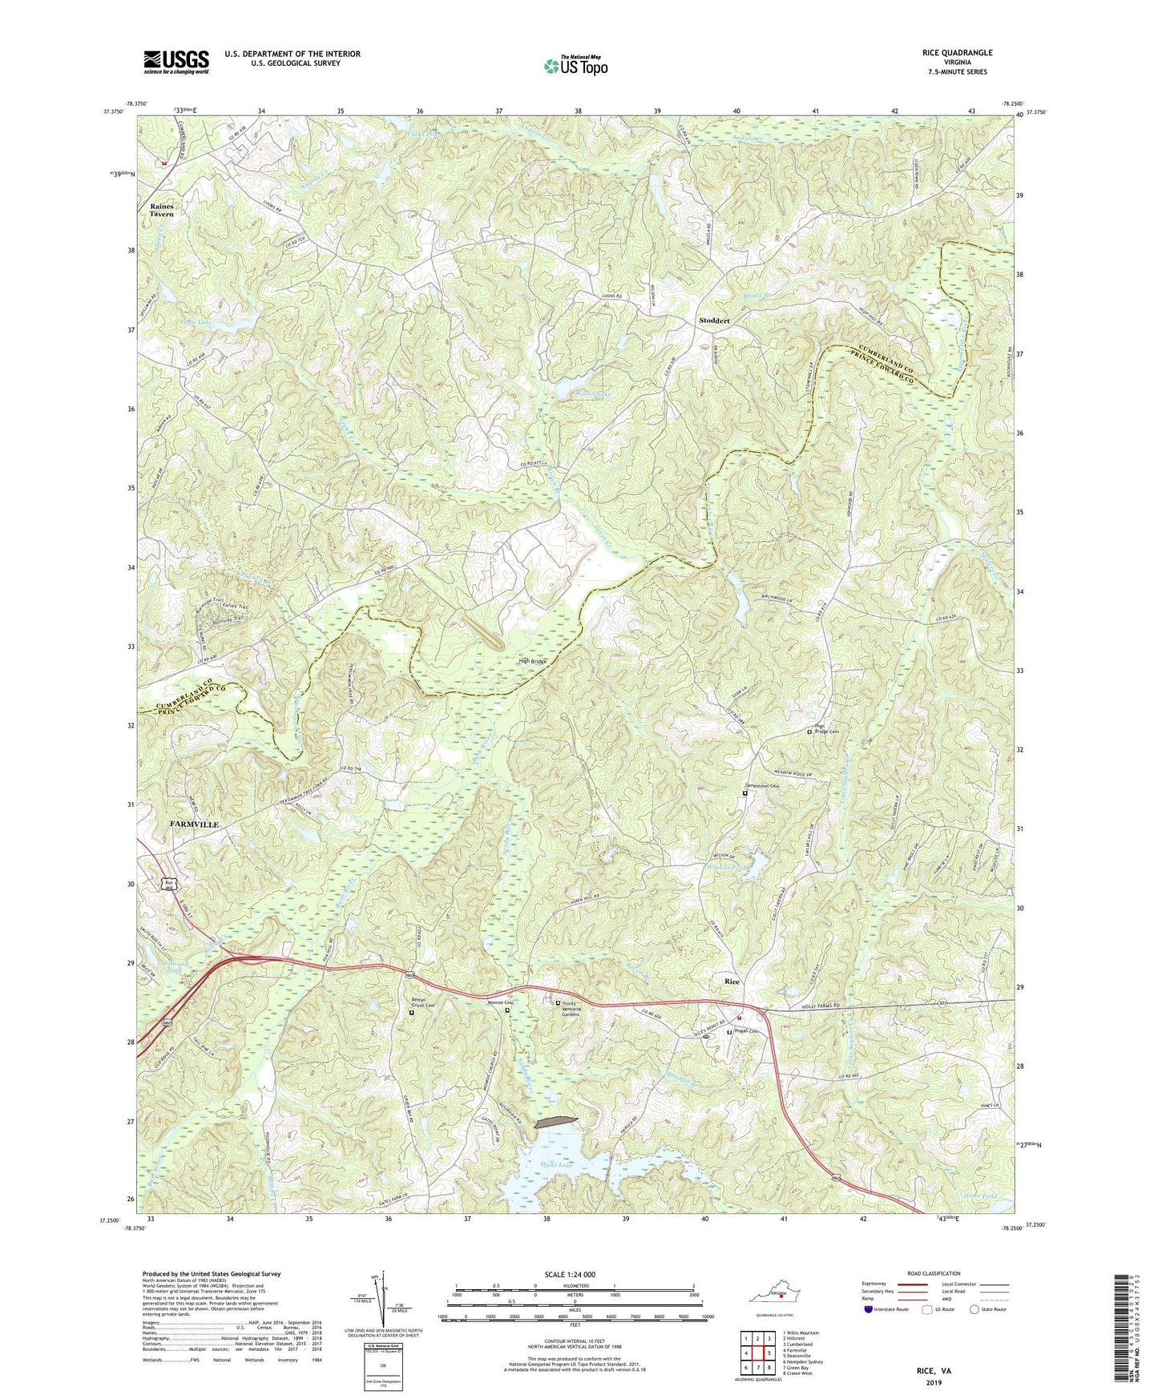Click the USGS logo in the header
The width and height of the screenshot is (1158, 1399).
pos(176,61)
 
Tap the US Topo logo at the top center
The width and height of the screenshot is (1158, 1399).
pos(575,66)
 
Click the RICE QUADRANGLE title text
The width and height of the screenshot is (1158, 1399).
pos(957,53)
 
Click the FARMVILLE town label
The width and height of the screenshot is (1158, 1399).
pos(194,824)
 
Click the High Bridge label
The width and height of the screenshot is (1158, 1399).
pos(533,661)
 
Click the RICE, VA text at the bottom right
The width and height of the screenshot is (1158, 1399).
pos(934,1371)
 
